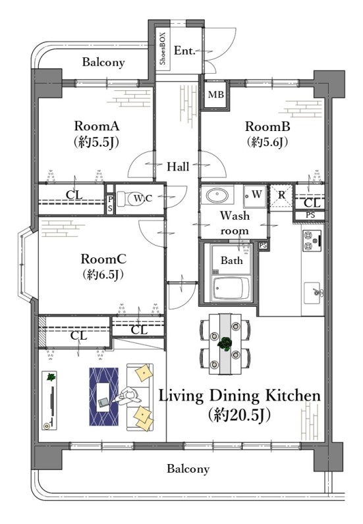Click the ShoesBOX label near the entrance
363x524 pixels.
(x=163, y=49)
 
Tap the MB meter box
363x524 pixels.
(x=216, y=95)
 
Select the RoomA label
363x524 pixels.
(x=96, y=126)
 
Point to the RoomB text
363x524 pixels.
(x=267, y=126)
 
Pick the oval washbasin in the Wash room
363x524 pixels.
(x=217, y=195)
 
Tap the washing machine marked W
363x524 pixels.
(x=255, y=196)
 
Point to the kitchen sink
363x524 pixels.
(x=313, y=293)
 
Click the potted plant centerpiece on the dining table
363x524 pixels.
(x=225, y=343)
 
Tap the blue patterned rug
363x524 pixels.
(x=103, y=397)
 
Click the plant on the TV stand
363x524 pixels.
(x=51, y=377)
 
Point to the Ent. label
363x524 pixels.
(x=184, y=51)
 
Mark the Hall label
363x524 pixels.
(x=178, y=167)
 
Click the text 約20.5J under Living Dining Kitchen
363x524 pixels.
(x=238, y=415)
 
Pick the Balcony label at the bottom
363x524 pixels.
(x=188, y=469)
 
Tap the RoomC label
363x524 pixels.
(x=103, y=259)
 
